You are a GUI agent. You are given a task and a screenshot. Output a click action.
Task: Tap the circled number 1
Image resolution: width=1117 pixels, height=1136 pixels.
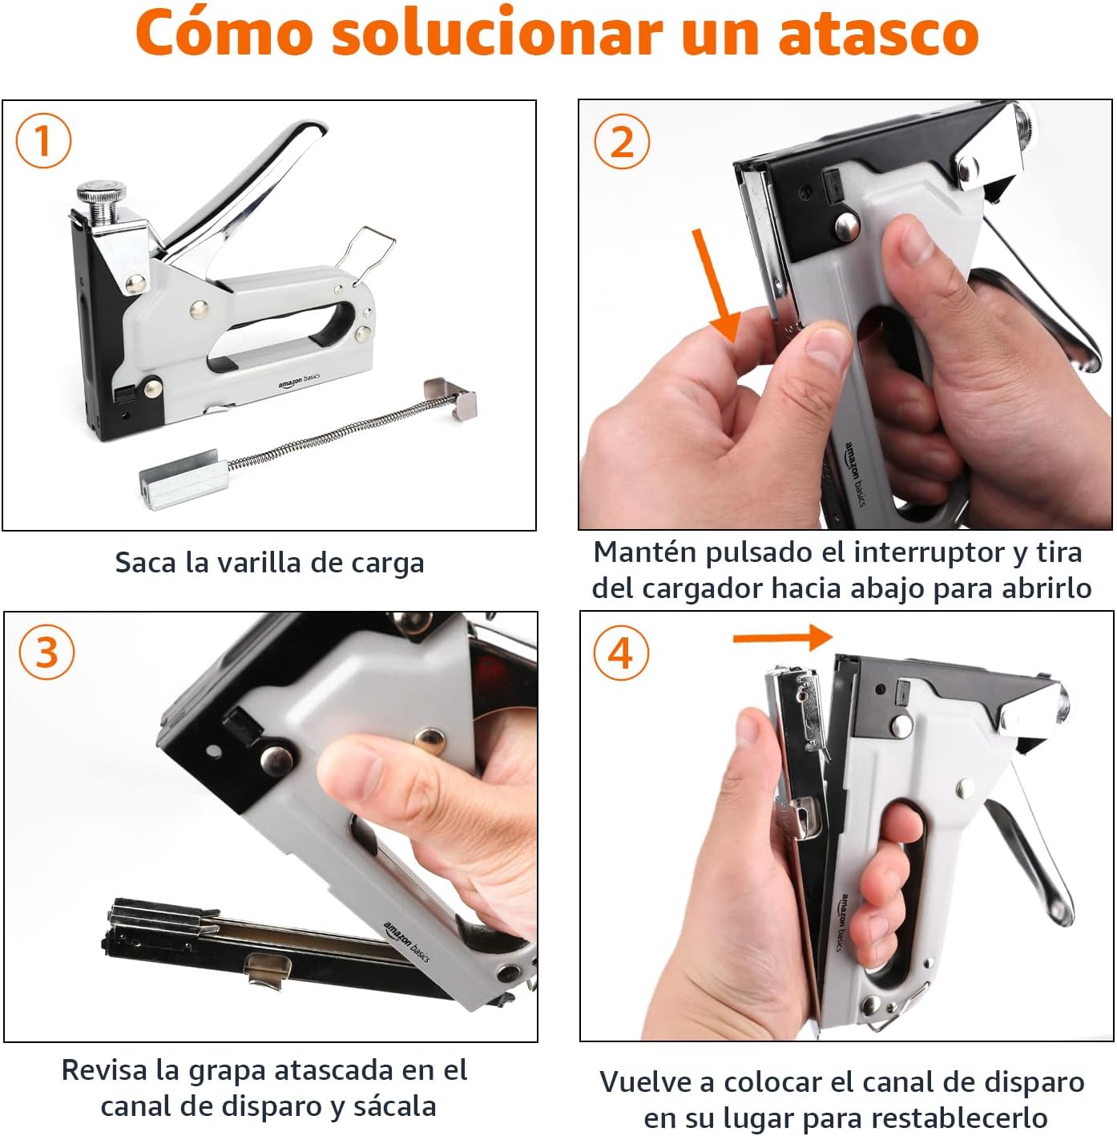43,140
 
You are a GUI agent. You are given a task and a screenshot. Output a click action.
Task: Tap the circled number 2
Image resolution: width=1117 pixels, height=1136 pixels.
621,142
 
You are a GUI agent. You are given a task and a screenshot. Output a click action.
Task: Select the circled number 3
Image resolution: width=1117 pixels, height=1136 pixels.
46,652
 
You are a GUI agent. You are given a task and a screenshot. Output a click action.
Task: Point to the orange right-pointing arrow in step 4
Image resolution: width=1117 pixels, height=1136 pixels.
783,638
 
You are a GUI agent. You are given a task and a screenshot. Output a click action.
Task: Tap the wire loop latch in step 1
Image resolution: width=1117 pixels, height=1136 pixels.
365,248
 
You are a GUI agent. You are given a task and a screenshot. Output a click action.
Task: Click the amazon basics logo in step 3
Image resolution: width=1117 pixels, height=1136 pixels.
407,942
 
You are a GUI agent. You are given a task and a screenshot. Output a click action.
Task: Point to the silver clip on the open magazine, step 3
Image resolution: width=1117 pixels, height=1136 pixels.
267,969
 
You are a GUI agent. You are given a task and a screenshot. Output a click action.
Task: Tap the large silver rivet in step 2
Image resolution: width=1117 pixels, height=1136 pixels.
846,227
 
